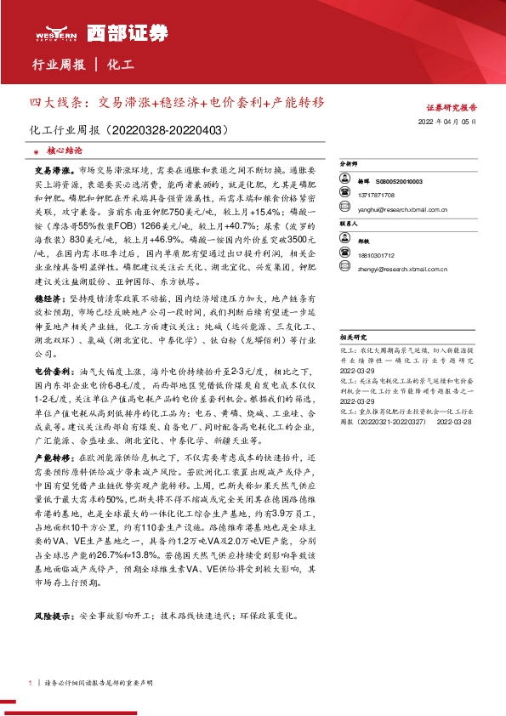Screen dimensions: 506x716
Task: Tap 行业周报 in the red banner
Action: [x=58, y=64]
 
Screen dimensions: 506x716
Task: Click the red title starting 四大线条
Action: [x=177, y=103]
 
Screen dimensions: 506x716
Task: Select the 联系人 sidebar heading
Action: [x=350, y=224]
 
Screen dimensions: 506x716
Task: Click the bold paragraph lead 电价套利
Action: [x=48, y=372]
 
